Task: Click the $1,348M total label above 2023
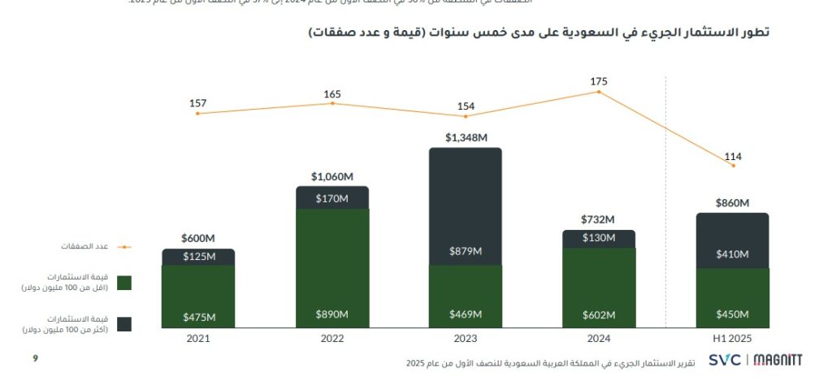coord(466,138)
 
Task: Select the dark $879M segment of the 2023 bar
coord(466,207)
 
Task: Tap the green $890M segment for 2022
coord(332,268)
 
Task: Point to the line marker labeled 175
coord(599,92)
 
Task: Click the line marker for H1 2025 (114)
coord(733,166)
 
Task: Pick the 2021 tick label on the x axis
coord(198,338)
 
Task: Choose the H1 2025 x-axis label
coord(733,338)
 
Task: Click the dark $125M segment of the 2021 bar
coord(198,257)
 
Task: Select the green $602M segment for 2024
coord(599,288)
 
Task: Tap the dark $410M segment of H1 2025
coord(733,240)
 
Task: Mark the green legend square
coord(124,283)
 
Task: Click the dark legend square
coord(124,324)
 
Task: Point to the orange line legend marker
coord(124,246)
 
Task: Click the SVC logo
coord(724,359)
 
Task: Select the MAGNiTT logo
coord(778,359)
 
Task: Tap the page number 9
coord(35,357)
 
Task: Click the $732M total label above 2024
coord(599,219)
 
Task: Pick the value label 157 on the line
coord(198,103)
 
